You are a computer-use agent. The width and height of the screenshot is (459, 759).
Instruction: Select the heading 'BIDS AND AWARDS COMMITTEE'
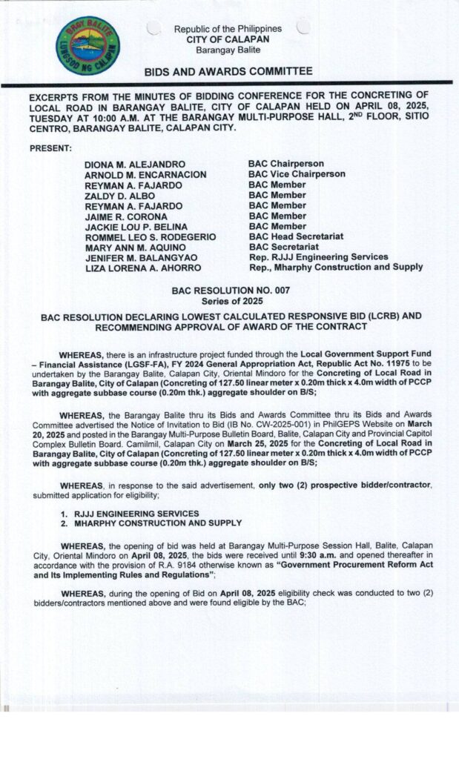(x=228, y=71)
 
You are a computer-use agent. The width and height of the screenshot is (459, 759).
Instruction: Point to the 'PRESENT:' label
(x=50, y=148)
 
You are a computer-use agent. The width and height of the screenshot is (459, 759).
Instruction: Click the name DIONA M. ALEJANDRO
(x=135, y=163)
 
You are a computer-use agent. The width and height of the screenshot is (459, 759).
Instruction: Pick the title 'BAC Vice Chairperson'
(x=297, y=173)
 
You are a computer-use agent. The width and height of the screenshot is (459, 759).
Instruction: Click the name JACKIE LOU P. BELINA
(x=136, y=226)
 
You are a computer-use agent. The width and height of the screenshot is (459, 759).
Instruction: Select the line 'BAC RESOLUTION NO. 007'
(x=231, y=291)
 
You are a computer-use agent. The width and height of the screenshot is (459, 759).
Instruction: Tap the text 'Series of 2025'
(x=231, y=302)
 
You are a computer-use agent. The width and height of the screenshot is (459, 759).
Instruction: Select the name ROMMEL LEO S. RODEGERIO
(x=151, y=236)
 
